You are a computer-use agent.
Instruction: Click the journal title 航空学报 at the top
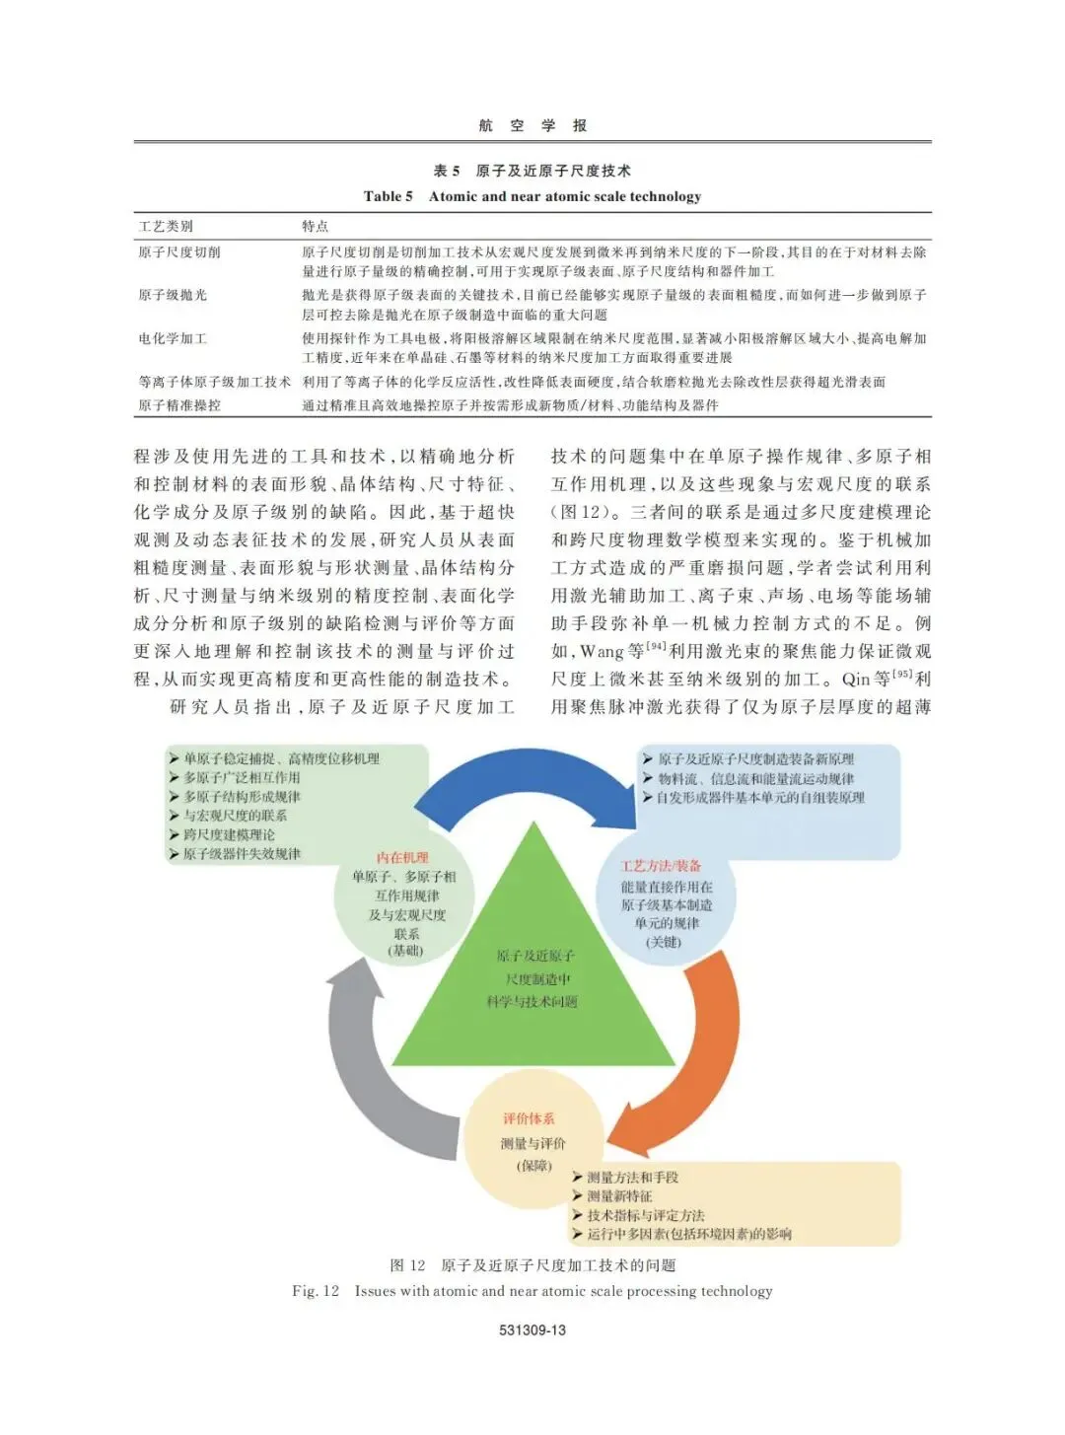[x=532, y=125]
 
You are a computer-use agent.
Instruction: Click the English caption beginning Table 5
[x=532, y=196]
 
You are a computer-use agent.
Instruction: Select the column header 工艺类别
[x=167, y=226]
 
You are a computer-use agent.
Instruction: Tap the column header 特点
[x=316, y=226]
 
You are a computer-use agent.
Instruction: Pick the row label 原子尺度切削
[x=179, y=252]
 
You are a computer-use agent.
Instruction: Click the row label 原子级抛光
[x=173, y=295]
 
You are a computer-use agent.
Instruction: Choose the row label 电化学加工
[x=173, y=338]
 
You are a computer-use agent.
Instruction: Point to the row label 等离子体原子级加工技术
[x=215, y=382]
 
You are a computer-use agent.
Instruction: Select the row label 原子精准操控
[x=179, y=404]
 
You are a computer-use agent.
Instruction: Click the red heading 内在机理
[x=403, y=857]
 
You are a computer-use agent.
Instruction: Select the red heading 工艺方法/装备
[x=662, y=866]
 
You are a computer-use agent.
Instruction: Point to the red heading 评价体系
[x=529, y=1118]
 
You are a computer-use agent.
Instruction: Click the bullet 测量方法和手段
[x=632, y=1177]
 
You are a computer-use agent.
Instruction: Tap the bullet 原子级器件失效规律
[x=242, y=853]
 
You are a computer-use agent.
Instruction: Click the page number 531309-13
[x=532, y=1329]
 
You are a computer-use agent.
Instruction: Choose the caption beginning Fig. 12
[x=532, y=1290]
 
